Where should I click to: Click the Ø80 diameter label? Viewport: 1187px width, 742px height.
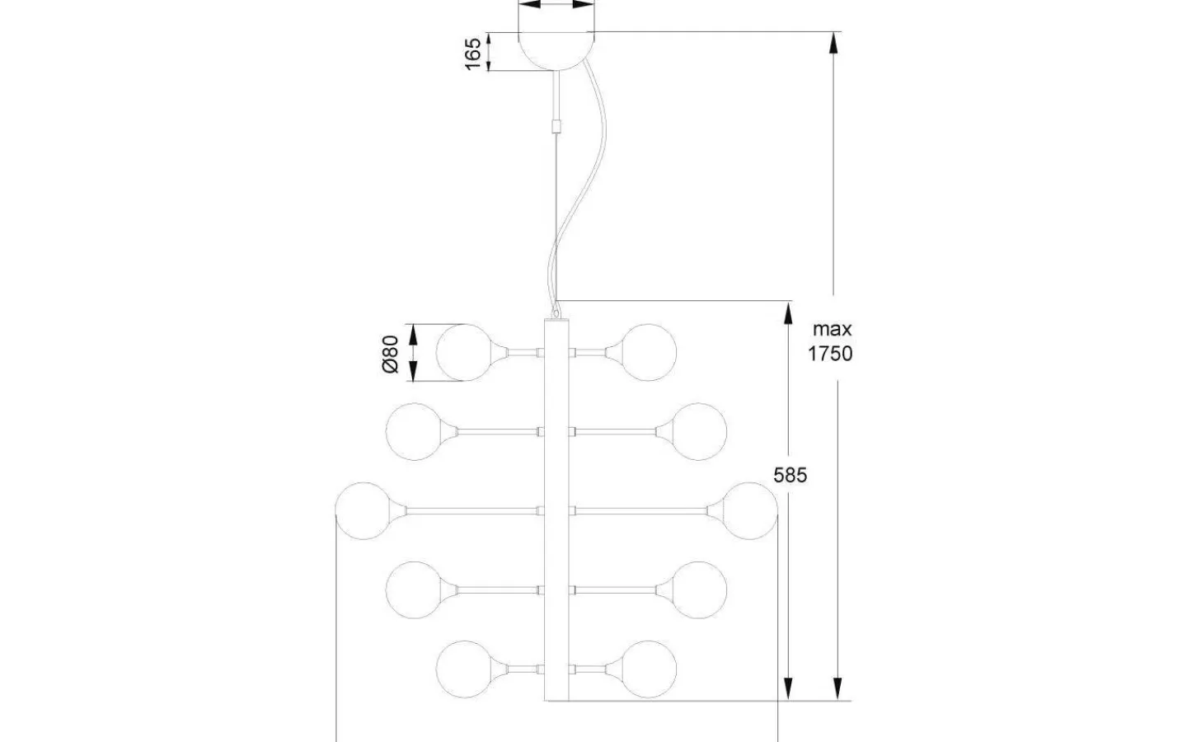(391, 353)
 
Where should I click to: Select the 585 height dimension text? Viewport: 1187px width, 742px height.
(790, 475)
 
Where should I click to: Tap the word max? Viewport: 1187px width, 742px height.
(833, 329)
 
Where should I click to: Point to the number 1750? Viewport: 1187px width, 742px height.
(831, 354)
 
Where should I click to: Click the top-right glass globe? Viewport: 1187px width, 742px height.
(650, 352)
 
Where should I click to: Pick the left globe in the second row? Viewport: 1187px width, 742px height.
(414, 430)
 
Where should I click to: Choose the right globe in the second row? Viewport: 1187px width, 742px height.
(700, 430)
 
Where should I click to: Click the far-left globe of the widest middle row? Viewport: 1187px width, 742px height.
(364, 510)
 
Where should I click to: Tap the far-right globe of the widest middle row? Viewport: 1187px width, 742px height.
(749, 510)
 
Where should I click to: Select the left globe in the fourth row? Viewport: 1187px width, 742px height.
(414, 589)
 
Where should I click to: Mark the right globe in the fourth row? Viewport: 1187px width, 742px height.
(700, 589)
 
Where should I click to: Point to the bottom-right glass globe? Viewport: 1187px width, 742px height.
(650, 667)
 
